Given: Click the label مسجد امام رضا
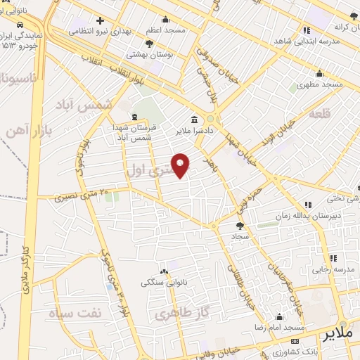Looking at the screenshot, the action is pos(281,328).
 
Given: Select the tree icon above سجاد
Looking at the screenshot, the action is pos(240,226).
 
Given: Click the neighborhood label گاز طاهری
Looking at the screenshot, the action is pos(177,314).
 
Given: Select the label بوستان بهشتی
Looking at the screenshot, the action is pos(148,54).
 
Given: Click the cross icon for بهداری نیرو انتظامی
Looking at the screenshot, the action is pos(100,20).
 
